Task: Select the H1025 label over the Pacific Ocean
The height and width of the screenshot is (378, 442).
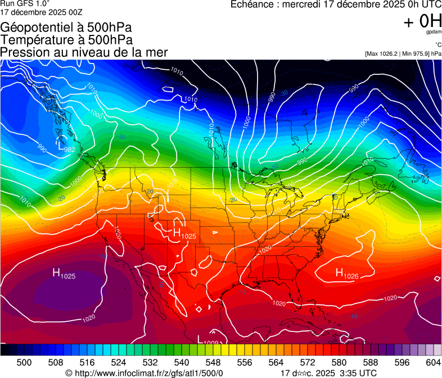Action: click(x=64, y=274)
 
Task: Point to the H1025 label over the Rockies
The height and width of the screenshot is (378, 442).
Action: click(x=184, y=234)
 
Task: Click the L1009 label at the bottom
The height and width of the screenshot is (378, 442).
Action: click(x=208, y=340)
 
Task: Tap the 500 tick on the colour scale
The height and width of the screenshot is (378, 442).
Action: click(x=24, y=362)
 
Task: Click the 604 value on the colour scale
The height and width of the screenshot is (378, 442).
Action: click(x=433, y=362)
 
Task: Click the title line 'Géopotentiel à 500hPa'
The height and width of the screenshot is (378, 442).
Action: click(x=66, y=28)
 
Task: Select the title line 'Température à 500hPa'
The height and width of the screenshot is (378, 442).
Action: click(x=66, y=40)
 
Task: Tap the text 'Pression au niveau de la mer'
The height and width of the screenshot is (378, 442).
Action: click(x=84, y=52)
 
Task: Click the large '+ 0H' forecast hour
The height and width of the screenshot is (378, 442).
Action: click(x=422, y=21)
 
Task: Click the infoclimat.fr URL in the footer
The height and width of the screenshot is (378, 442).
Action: click(x=145, y=373)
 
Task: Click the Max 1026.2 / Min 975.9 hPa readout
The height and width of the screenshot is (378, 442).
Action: click(x=403, y=53)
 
